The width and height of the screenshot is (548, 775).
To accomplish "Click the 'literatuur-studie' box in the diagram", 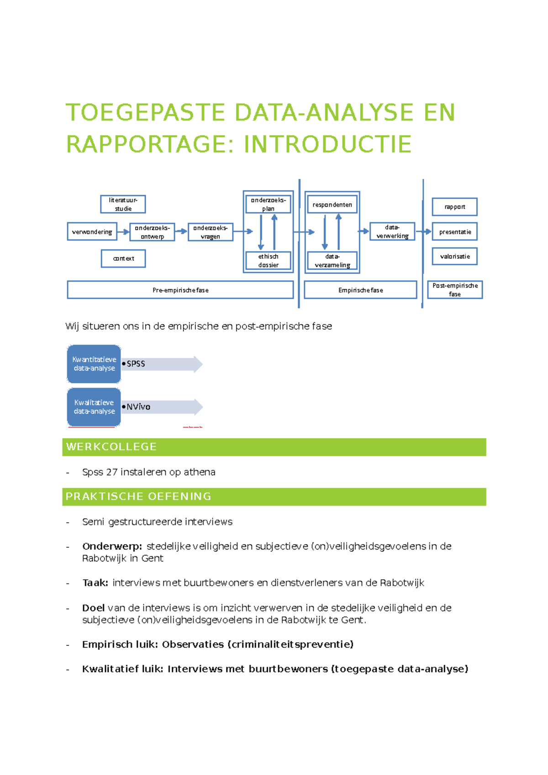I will pyautogui.click(x=123, y=204).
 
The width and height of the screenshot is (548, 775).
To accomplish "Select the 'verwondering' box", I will pyautogui.click(x=92, y=231).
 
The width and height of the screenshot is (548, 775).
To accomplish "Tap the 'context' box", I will pyautogui.click(x=123, y=258).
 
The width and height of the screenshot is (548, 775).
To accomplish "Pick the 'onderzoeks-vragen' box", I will pyautogui.click(x=210, y=232).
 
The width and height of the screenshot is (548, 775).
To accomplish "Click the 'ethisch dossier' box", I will pyautogui.click(x=268, y=261).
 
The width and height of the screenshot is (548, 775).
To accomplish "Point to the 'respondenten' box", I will pyautogui.click(x=332, y=204).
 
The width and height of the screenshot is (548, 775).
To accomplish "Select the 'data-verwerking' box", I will pyautogui.click(x=392, y=231).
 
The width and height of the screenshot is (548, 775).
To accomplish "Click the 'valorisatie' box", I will pyautogui.click(x=454, y=256).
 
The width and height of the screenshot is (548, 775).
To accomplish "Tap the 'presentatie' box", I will pyautogui.click(x=454, y=231).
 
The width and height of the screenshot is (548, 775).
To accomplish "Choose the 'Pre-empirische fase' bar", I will pyautogui.click(x=180, y=290).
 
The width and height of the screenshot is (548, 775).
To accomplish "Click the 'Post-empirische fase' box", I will pyautogui.click(x=455, y=290).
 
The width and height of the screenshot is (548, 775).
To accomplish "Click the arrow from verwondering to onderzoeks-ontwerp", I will pyautogui.click(x=123, y=232).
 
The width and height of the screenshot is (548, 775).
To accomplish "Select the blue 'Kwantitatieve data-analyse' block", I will pyautogui.click(x=94, y=364).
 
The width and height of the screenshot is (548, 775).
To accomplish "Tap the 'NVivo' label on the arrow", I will pyautogui.click(x=138, y=407).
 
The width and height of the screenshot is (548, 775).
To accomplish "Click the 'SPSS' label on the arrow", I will pyautogui.click(x=136, y=364).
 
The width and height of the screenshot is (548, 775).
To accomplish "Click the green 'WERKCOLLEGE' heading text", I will pyautogui.click(x=111, y=447).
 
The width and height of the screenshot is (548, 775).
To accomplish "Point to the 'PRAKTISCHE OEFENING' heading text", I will pyautogui.click(x=138, y=497).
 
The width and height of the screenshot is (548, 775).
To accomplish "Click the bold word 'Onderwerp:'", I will pyautogui.click(x=112, y=546).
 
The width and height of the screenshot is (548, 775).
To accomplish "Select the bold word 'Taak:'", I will pyautogui.click(x=95, y=583).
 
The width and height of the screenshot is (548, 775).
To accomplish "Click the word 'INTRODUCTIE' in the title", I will pyautogui.click(x=327, y=144).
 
